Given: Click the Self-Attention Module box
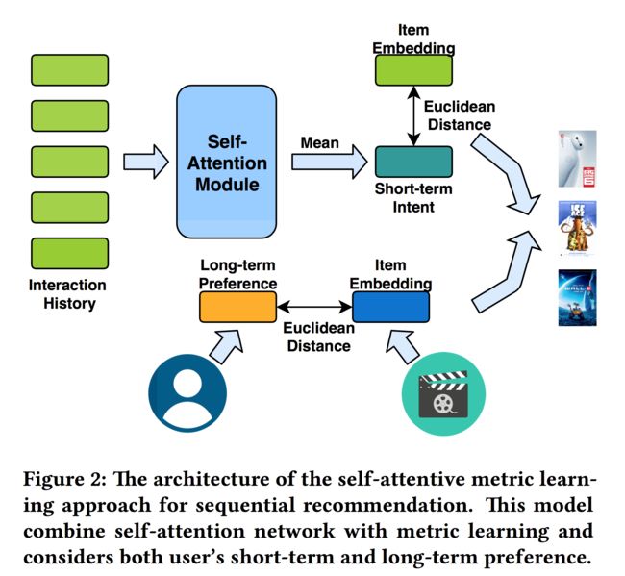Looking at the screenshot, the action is [x=226, y=162].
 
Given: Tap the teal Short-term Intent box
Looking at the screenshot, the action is [x=413, y=162].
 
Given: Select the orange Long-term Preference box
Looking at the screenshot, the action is [x=237, y=307].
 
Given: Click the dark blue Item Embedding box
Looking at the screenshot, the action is [x=391, y=307].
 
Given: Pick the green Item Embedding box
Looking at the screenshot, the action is [x=413, y=70].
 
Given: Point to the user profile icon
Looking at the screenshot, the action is [x=187, y=393].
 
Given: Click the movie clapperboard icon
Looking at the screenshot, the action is [x=443, y=394].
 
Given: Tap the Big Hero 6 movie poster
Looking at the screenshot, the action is [x=577, y=159].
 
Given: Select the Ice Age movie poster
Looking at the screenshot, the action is [x=577, y=228].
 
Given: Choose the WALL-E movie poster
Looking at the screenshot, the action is [x=577, y=298].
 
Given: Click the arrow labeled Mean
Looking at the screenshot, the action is [x=329, y=162].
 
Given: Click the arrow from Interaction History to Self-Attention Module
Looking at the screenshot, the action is [x=146, y=162].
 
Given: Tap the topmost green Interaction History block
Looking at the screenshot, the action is [x=70, y=70].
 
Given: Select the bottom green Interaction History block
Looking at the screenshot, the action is [x=70, y=254].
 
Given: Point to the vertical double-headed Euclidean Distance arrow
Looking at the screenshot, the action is [x=413, y=116].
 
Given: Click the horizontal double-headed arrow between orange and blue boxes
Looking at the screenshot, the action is [x=314, y=307].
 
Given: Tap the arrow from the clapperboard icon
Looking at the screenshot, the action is [x=403, y=346].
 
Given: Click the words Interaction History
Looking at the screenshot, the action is [x=67, y=294].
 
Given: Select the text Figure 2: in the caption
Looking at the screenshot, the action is [x=65, y=479].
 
